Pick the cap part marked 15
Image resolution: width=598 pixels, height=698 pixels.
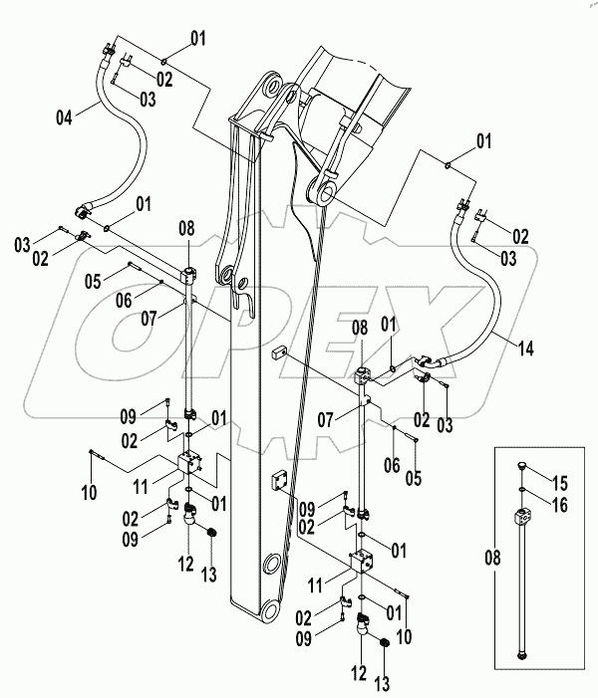pyautogui.click(x=523, y=466)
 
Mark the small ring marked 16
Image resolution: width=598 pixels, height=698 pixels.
pyautogui.click(x=523, y=490)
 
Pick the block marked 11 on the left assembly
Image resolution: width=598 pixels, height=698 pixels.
pyautogui.click(x=189, y=464)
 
